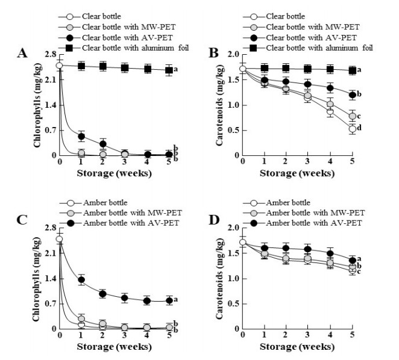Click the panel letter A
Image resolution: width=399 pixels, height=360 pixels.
(21, 54)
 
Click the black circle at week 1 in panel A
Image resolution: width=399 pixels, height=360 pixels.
(81, 137)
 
